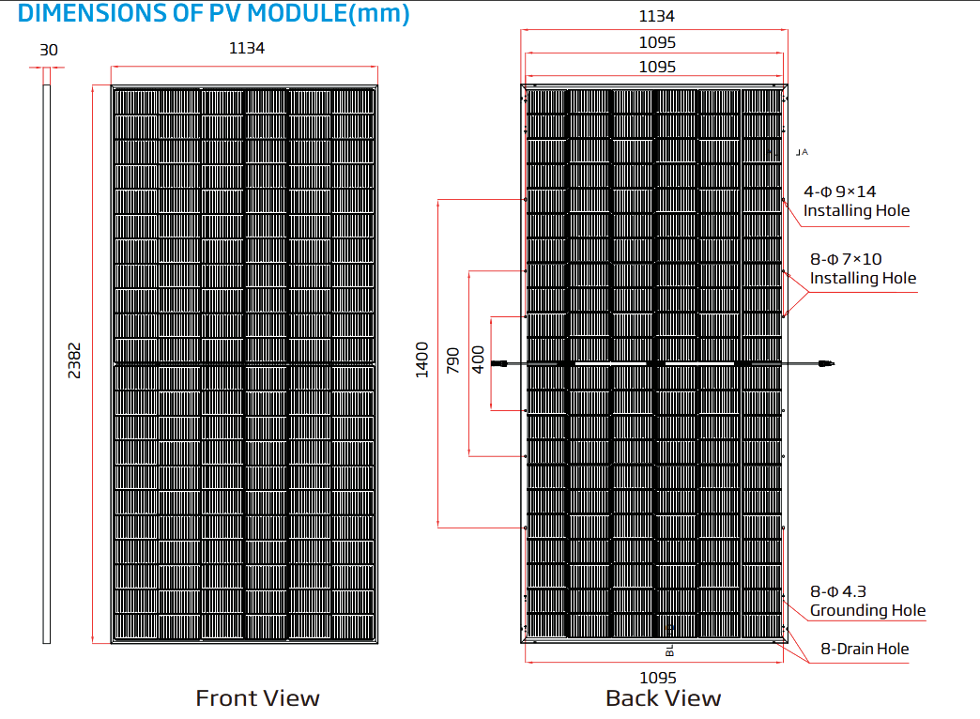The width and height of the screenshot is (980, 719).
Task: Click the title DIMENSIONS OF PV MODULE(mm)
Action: pyautogui.click(x=214, y=13)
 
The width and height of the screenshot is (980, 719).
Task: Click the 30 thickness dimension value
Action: pyautogui.click(x=49, y=50)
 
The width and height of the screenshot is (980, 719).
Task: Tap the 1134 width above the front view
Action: pyautogui.click(x=247, y=48)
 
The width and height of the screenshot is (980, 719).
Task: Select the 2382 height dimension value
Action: pyautogui.click(x=74, y=360)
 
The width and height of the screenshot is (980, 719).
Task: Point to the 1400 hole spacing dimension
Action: pyautogui.click(x=422, y=360)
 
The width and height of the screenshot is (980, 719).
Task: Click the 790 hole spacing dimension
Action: pyautogui.click(x=453, y=360)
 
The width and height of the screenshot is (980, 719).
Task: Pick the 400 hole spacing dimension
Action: pyautogui.click(x=478, y=360)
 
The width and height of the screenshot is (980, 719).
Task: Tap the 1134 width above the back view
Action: pyautogui.click(x=657, y=16)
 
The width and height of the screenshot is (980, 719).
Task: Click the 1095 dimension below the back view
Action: pyautogui.click(x=658, y=678)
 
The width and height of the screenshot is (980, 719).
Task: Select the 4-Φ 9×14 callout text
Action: pyautogui.click(x=840, y=191)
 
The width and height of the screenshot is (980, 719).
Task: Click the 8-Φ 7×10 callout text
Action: pyautogui.click(x=847, y=259)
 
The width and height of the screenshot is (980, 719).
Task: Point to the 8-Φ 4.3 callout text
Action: pyautogui.click(x=838, y=591)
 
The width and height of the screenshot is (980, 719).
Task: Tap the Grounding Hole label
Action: pyautogui.click(x=868, y=611)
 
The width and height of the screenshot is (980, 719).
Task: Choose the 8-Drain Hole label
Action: pyautogui.click(x=865, y=649)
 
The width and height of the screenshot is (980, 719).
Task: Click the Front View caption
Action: pyautogui.click(x=257, y=698)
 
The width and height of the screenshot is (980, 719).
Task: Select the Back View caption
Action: pyautogui.click(x=664, y=698)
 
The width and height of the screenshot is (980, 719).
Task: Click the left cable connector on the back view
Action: pyautogui.click(x=499, y=363)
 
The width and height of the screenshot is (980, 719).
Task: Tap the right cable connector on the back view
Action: pyautogui.click(x=826, y=363)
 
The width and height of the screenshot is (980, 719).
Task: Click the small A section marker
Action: pyautogui.click(x=803, y=152)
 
